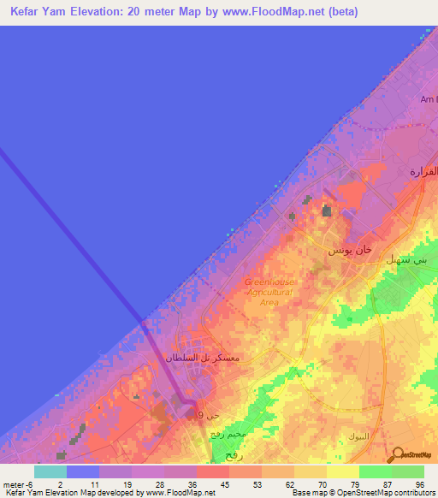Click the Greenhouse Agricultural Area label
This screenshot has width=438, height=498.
point(269,292)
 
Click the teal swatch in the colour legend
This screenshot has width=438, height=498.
point(50,471)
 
